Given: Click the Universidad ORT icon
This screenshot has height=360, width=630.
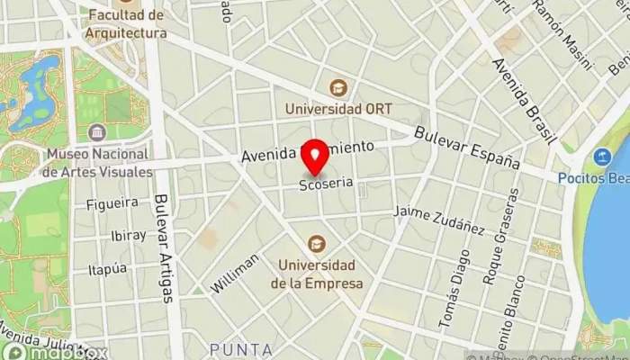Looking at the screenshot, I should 338,87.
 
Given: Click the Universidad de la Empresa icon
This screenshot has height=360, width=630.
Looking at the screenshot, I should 317,242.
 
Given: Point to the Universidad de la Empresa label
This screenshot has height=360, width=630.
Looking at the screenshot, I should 320,274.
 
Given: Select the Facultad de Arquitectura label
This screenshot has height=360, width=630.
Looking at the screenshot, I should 127,24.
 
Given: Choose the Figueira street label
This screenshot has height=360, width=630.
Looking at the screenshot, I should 112,203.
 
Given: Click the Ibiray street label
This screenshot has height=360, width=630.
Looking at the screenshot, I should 128,236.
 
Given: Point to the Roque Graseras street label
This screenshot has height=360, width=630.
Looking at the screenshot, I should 501,237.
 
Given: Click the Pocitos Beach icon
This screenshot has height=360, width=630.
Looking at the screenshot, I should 602,157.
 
